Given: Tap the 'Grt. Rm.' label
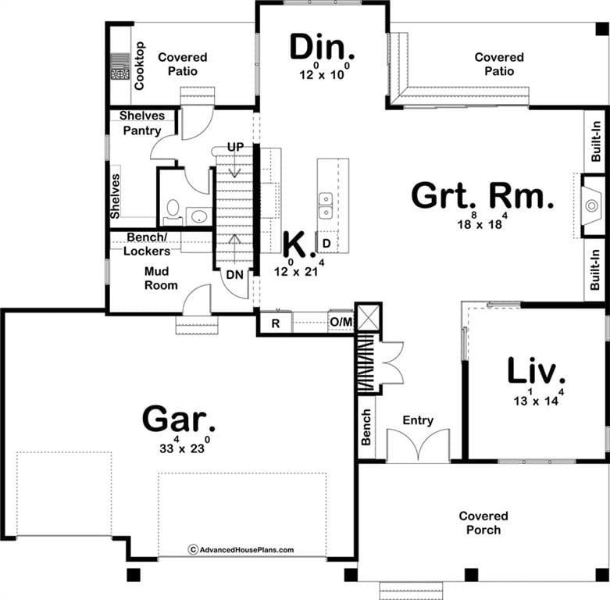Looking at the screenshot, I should pyautogui.click(x=483, y=196).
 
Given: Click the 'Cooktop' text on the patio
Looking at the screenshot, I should pyautogui.click(x=140, y=66).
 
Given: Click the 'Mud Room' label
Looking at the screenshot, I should pyautogui.click(x=161, y=278).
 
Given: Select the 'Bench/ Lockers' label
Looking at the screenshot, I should pyautogui.click(x=146, y=243).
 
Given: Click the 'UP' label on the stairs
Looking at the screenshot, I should pyautogui.click(x=235, y=147).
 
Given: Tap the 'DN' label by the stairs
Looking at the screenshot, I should pyautogui.click(x=234, y=275).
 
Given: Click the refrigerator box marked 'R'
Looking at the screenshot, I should pyautogui.click(x=276, y=323).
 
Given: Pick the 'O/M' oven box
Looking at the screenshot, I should pyautogui.click(x=341, y=323).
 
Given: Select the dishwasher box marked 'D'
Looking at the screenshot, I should pyautogui.click(x=326, y=244).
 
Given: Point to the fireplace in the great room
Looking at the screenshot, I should pyautogui.click(x=590, y=205).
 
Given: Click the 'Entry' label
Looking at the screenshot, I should pyautogui.click(x=418, y=420).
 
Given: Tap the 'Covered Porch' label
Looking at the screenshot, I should pyautogui.click(x=483, y=523).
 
